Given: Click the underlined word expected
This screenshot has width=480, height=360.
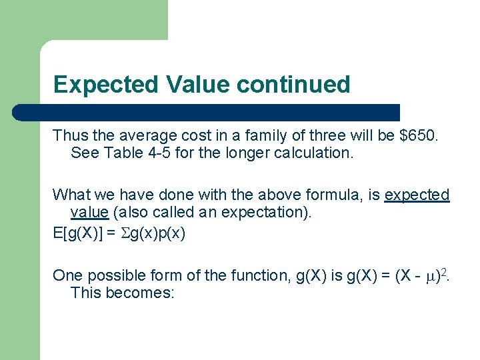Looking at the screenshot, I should (x=417, y=195).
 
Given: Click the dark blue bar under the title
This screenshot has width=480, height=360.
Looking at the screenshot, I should (x=207, y=112).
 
